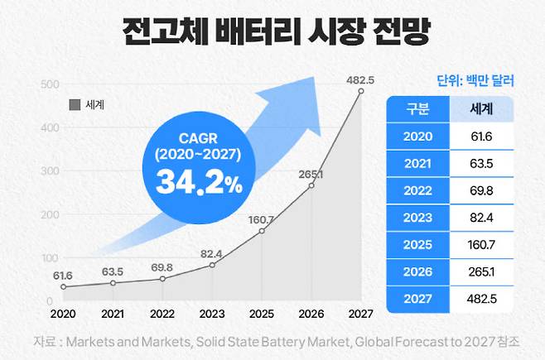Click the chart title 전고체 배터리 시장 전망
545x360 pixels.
coord(272,34)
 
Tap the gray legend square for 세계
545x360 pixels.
coord(73,105)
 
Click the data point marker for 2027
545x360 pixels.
coord(360,92)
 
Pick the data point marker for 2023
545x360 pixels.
coord(212,265)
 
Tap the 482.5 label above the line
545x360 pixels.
coord(360,79)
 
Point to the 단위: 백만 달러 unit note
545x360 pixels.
coord(475,81)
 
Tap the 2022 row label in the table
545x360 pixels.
coord(417,190)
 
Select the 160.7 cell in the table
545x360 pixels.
coord(482,244)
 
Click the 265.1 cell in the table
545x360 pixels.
coord(482,271)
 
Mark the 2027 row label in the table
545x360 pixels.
coord(417,299)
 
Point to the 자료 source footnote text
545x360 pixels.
coord(272,341)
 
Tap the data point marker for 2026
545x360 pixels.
coord(311,186)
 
